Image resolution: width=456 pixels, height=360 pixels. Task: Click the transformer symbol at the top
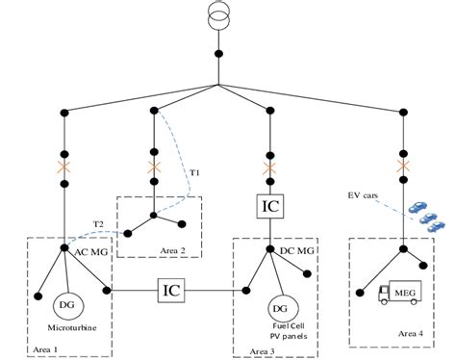click(x=221, y=17)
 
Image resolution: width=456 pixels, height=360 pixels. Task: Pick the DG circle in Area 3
click(x=279, y=309)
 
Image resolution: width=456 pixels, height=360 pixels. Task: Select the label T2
click(x=99, y=222)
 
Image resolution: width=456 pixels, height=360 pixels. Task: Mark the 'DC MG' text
click(x=298, y=250)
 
